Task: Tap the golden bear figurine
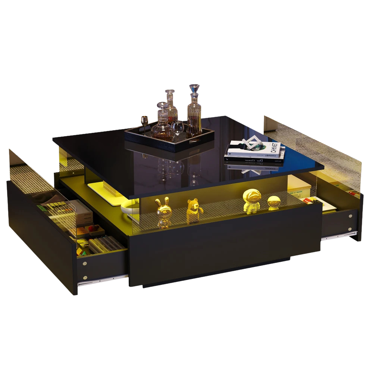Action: [x=194, y=211]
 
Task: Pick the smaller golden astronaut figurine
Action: [x=274, y=203]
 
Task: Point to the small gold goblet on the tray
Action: [x=144, y=121]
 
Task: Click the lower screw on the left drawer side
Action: [x=85, y=278]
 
